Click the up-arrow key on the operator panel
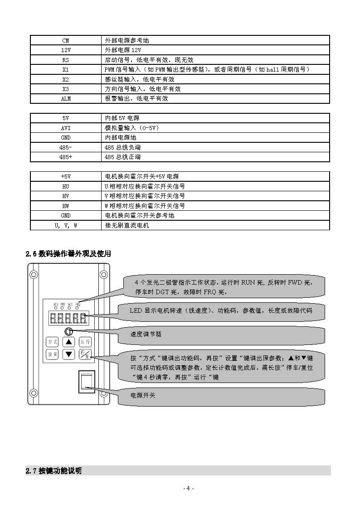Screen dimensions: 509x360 coord(68,342)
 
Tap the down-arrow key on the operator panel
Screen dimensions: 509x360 coord(68,354)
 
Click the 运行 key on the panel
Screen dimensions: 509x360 coord(85,342)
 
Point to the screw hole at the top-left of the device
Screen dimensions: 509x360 coord(34,274)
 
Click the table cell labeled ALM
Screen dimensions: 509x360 coord(66,98)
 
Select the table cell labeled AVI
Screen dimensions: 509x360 coord(66,128)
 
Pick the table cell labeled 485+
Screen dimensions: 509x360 coord(66,157)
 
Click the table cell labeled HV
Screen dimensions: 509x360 coord(66,196)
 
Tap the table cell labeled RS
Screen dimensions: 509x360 coord(66,60)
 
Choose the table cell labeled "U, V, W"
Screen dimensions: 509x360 coord(66,225)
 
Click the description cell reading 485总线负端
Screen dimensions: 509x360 coord(216,147)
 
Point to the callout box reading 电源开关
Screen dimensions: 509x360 coord(222,396)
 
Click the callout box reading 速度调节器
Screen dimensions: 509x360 coord(222,334)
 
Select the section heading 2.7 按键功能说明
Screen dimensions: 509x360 coord(54,471)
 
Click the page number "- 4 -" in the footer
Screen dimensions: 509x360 coord(188,489)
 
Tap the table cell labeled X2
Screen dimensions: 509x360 coord(66,79)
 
